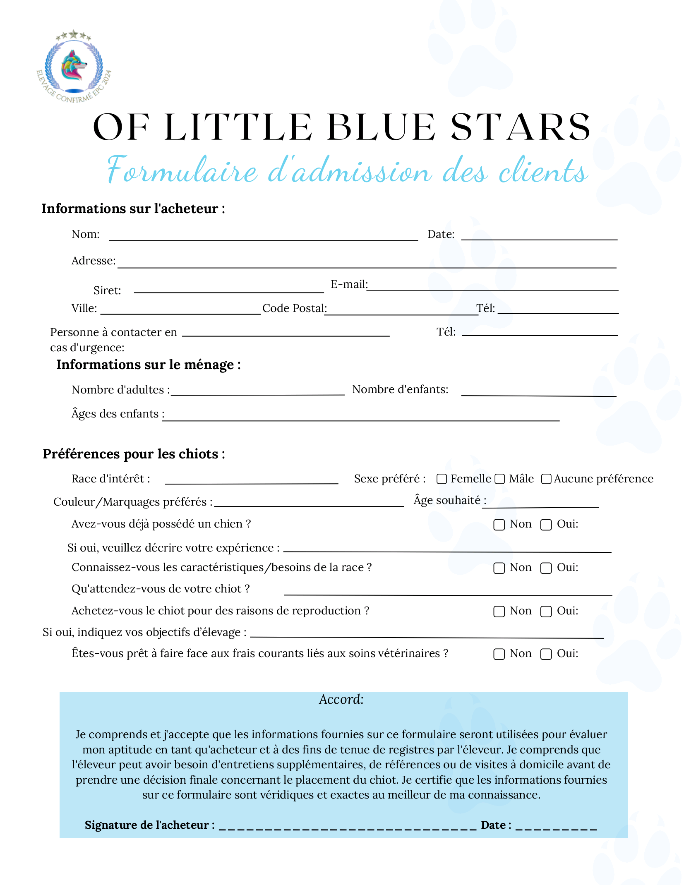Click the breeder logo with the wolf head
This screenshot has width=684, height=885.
pos(74,66)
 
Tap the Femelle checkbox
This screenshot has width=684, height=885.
pos(442,479)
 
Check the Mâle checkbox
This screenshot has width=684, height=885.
pos(500,479)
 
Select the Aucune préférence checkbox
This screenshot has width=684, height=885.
pos(546,479)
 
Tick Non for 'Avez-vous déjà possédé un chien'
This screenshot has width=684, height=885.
pos(499,525)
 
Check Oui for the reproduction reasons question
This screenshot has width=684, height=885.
pos(546,612)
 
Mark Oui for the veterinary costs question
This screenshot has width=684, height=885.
pos(546,654)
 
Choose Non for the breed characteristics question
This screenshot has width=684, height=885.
pos(499,568)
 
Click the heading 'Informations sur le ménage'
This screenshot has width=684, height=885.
pos(148,365)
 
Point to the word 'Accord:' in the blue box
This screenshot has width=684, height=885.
pos(341,700)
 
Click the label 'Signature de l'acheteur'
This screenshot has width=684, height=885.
pos(149,825)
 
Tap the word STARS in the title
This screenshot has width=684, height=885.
pos(520,127)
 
